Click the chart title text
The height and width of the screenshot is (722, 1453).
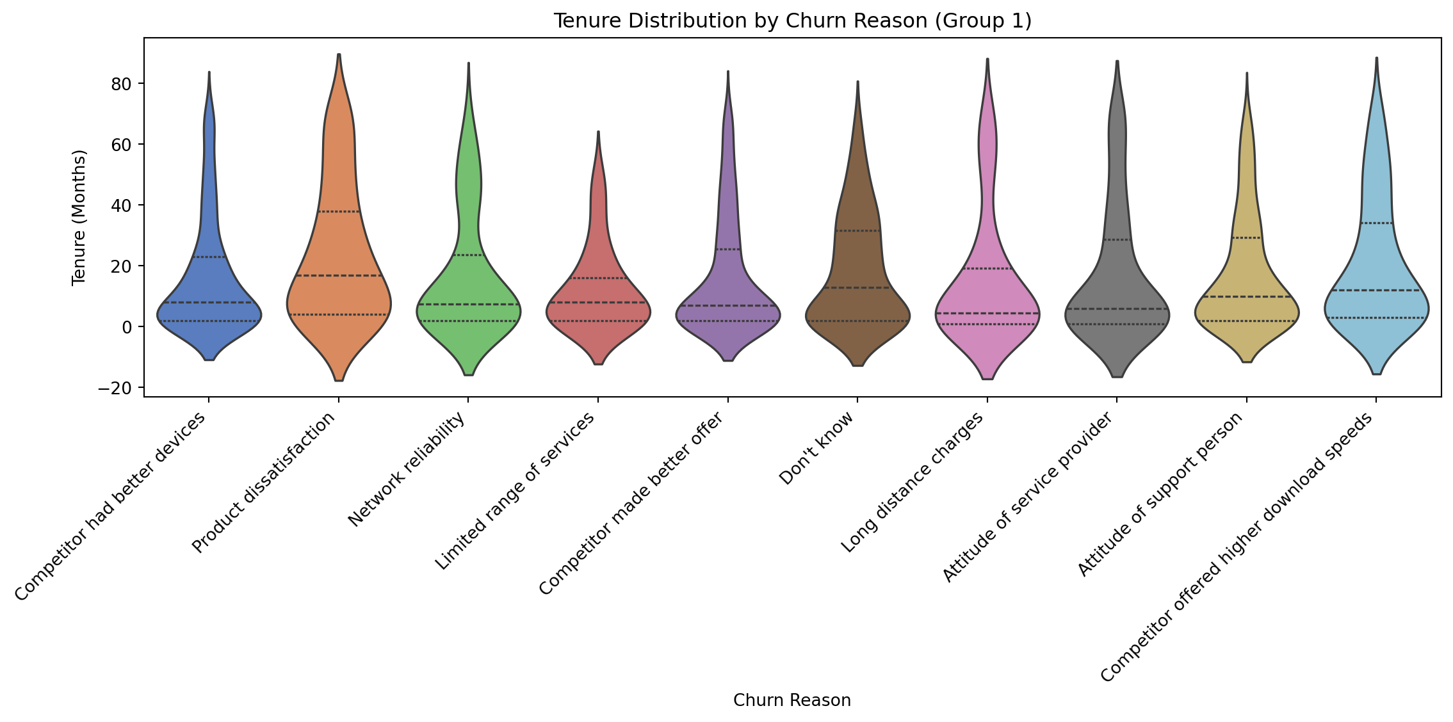click(792, 21)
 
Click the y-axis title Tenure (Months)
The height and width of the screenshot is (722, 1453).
click(79, 218)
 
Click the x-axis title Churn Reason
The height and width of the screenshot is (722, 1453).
click(792, 700)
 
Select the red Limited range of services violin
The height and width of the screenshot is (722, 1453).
click(598, 288)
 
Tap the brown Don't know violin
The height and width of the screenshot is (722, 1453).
click(857, 269)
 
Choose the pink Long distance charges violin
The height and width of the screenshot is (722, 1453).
click(987, 288)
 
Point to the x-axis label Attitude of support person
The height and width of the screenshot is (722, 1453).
click(1160, 493)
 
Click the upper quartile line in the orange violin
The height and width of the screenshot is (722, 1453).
click(339, 212)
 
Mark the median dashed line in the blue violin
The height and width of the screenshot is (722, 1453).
click(209, 303)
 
